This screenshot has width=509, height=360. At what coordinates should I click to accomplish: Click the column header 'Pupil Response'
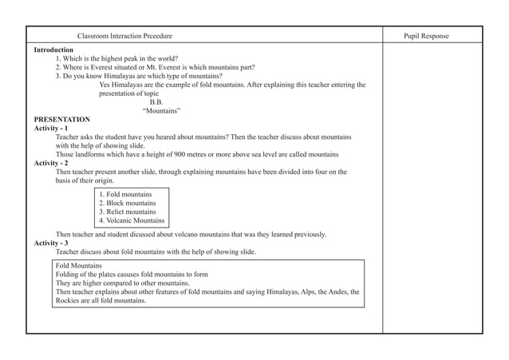426,36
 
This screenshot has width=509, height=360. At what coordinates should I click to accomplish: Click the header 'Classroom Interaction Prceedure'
124,36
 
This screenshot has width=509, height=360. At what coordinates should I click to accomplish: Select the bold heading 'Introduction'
53,49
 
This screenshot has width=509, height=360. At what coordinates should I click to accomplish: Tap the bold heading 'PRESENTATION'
61,119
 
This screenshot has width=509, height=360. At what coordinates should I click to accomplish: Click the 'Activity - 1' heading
50,128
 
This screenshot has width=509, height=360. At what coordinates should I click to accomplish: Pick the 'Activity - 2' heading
50,163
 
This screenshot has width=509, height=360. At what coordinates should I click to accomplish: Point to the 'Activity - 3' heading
50,243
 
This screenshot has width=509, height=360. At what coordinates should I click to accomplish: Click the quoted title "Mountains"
161,110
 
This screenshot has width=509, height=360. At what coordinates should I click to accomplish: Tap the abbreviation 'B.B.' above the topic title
156,101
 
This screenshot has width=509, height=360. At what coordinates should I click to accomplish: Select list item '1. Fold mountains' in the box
125,194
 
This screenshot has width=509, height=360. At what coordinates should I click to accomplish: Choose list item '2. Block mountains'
127,203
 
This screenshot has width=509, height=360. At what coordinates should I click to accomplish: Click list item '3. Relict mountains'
127,212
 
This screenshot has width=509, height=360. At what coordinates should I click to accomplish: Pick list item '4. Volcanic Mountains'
131,220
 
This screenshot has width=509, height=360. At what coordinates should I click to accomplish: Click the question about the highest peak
116,58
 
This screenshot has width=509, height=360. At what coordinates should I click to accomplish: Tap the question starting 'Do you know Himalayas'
139,76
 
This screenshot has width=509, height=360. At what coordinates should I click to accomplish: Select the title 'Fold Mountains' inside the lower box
78,265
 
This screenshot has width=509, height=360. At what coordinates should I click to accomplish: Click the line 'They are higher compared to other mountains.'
122,283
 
